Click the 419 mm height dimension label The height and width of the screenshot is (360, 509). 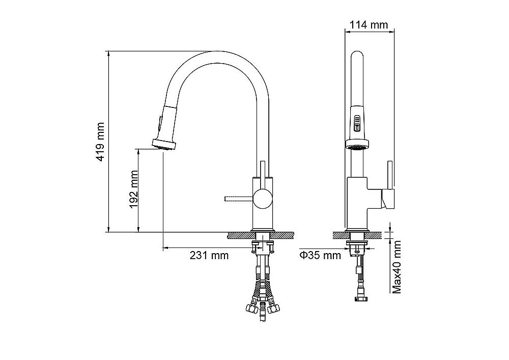tap(101, 142)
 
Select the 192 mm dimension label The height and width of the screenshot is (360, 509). tap(133, 190)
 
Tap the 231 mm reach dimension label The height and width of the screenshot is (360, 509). tap(209, 255)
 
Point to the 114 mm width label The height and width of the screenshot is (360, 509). tap(369, 24)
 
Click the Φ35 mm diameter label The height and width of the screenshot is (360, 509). tap(320, 255)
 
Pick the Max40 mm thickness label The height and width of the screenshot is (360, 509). tap(398, 267)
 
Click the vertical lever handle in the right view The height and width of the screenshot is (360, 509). tap(389, 176)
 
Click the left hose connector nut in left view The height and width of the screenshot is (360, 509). tap(250, 308)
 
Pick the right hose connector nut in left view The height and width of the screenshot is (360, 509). tap(277, 308)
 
